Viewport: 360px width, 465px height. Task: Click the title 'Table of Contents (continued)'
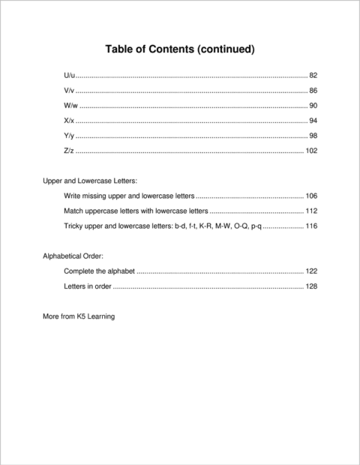click(181, 49)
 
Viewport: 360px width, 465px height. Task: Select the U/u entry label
click(69, 76)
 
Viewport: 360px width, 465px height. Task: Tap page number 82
click(313, 76)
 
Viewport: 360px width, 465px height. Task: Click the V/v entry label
click(69, 91)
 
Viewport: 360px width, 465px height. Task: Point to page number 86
click(313, 91)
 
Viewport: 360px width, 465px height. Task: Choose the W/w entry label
click(70, 106)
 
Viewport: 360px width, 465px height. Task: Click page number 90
click(313, 106)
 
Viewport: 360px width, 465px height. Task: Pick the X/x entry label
click(69, 121)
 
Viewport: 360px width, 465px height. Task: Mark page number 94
click(313, 121)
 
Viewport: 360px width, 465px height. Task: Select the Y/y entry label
click(69, 136)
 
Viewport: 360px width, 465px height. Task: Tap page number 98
click(313, 136)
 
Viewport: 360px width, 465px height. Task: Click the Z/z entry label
click(69, 151)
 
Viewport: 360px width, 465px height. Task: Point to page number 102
click(312, 151)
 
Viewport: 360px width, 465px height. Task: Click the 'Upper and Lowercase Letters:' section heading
click(90, 181)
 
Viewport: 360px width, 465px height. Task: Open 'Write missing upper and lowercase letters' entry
click(129, 196)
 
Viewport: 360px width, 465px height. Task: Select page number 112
click(312, 211)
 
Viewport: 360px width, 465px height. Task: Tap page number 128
click(312, 286)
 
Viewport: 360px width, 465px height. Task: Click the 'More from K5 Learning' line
click(79, 316)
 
